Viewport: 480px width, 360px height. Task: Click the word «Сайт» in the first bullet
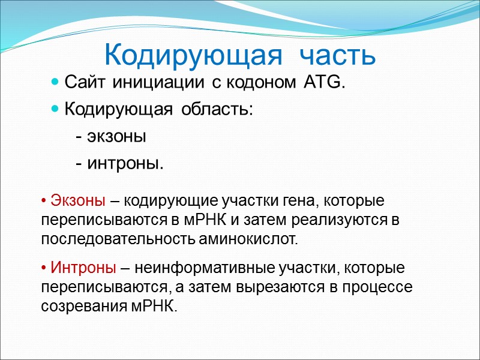82,82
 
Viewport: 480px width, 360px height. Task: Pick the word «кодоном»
259,82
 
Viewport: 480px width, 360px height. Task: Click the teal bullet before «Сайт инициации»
55,82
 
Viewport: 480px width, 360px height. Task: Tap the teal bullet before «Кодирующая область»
55,110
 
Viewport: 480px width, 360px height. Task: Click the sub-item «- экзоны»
110,137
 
